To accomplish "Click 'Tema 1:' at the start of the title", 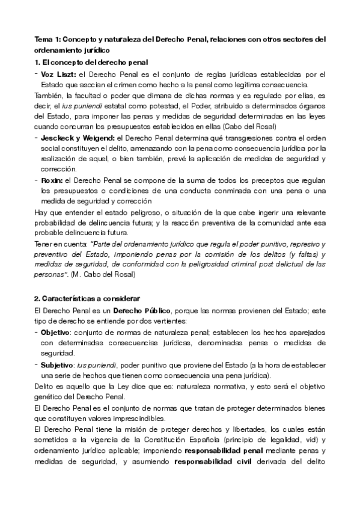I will click(x=47, y=40).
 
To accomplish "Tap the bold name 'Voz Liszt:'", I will click(x=59, y=75).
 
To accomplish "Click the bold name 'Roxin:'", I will click(x=54, y=180).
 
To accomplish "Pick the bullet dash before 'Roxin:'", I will click(x=37, y=180).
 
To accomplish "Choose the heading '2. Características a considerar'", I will click(x=87, y=298).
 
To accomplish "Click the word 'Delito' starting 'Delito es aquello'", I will click(x=44, y=386).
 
